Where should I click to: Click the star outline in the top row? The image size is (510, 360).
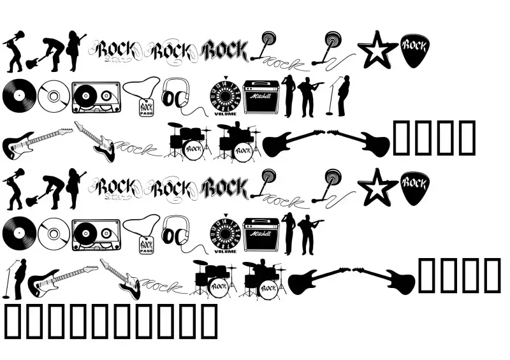[377, 49]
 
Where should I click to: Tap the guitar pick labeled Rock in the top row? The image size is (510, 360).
[414, 50]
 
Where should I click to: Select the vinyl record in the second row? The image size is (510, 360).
[17, 97]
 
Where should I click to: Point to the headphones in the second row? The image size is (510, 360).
[175, 96]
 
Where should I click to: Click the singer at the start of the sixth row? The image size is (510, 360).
[18, 278]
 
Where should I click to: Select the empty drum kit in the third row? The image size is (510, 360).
[189, 141]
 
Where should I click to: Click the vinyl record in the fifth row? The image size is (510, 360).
[17, 235]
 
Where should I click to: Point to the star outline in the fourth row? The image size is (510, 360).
[377, 187]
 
